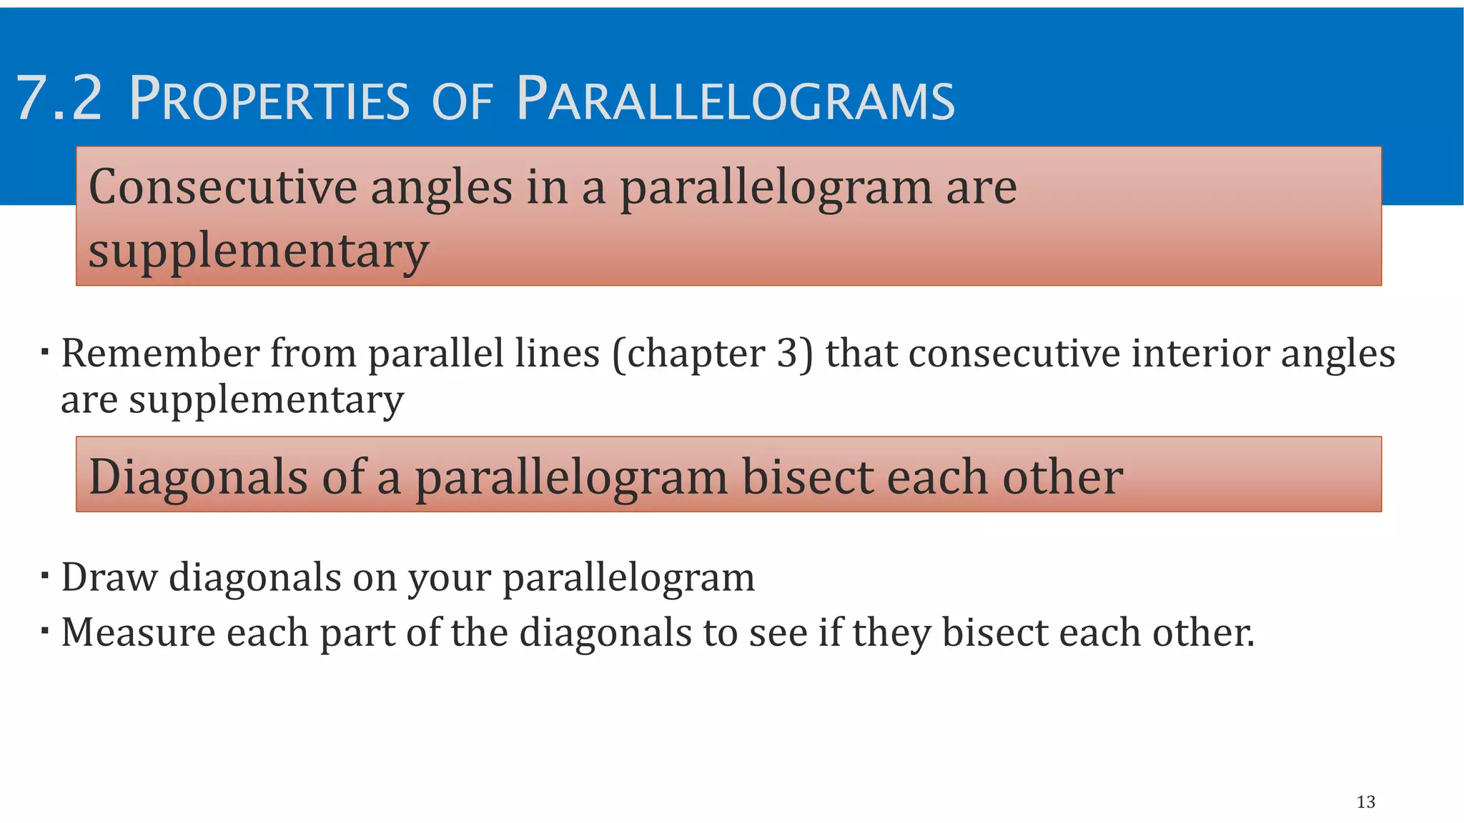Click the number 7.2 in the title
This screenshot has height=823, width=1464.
coord(59,99)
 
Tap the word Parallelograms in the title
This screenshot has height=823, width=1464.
coord(735,99)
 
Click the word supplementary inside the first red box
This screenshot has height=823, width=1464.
coord(258,251)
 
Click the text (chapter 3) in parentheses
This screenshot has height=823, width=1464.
coord(713,354)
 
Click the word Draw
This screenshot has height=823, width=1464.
coord(109,577)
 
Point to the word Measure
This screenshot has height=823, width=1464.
coord(138,633)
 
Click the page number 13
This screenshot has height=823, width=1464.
coord(1365,802)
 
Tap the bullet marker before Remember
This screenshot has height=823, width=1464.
coord(45,352)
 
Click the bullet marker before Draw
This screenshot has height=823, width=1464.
coord(45,576)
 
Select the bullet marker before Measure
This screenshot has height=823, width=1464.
coord(45,632)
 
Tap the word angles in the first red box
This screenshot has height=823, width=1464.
coord(441,187)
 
